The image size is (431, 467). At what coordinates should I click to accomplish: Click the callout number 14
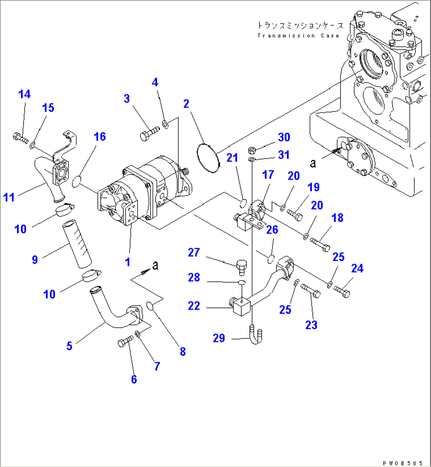(24, 94)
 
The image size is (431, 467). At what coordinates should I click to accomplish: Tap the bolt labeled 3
(149, 133)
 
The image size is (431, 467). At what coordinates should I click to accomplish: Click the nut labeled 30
(252, 150)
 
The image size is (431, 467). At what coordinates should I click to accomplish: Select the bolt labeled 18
(320, 243)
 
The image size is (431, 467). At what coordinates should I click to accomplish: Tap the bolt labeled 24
(342, 291)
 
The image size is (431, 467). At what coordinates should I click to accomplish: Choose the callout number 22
(194, 306)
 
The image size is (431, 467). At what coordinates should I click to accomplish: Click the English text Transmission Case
(298, 36)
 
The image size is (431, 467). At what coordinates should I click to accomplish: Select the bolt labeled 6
(125, 342)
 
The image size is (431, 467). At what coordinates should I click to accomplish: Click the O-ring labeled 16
(77, 181)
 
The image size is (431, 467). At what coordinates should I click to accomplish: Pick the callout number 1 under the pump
(128, 262)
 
